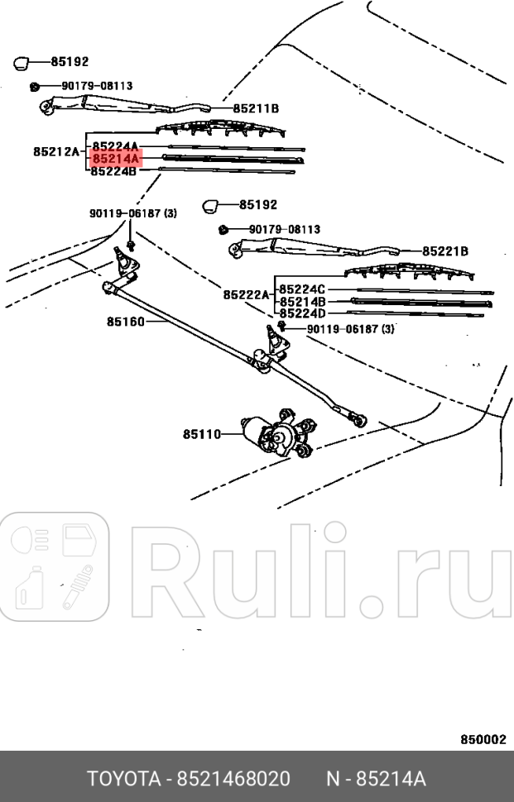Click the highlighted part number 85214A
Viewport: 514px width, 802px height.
(115, 158)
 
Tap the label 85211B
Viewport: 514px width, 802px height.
(256, 108)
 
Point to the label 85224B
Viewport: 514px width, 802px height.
(113, 171)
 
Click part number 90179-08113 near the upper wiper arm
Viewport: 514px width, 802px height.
(97, 85)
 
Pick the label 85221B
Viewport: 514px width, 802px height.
(445, 251)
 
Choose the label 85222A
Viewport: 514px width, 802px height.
(246, 295)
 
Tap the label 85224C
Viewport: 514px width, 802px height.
(302, 289)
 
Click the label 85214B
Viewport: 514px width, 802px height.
(302, 302)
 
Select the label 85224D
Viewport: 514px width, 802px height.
(302, 314)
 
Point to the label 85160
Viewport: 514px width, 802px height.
(125, 322)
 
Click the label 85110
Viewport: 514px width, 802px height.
(202, 432)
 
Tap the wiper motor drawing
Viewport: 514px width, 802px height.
(278, 432)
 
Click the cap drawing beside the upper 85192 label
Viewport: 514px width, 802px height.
(22, 61)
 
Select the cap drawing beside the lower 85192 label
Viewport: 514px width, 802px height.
(212, 204)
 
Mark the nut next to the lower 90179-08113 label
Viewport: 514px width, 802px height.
(223, 229)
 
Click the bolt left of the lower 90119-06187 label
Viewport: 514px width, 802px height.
(282, 327)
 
